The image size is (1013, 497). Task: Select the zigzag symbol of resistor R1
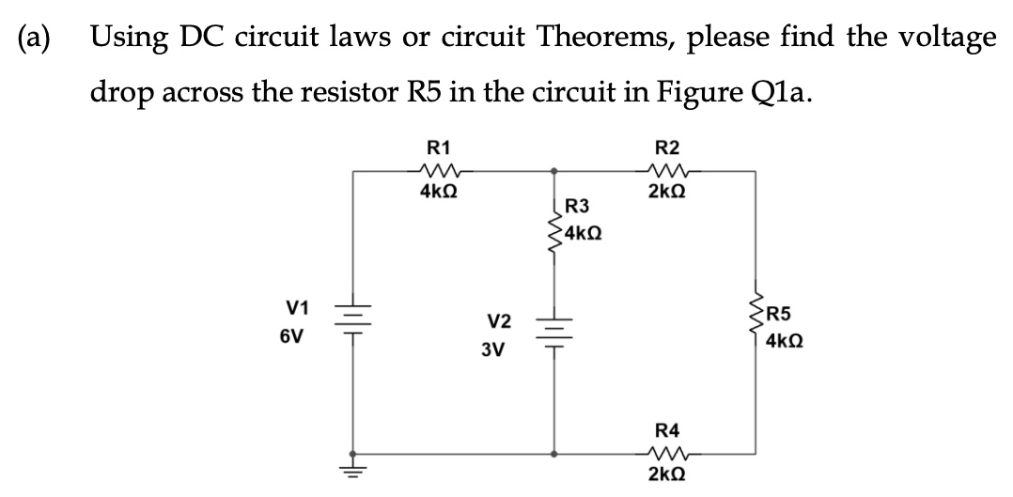438,171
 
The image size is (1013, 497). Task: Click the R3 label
577,207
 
